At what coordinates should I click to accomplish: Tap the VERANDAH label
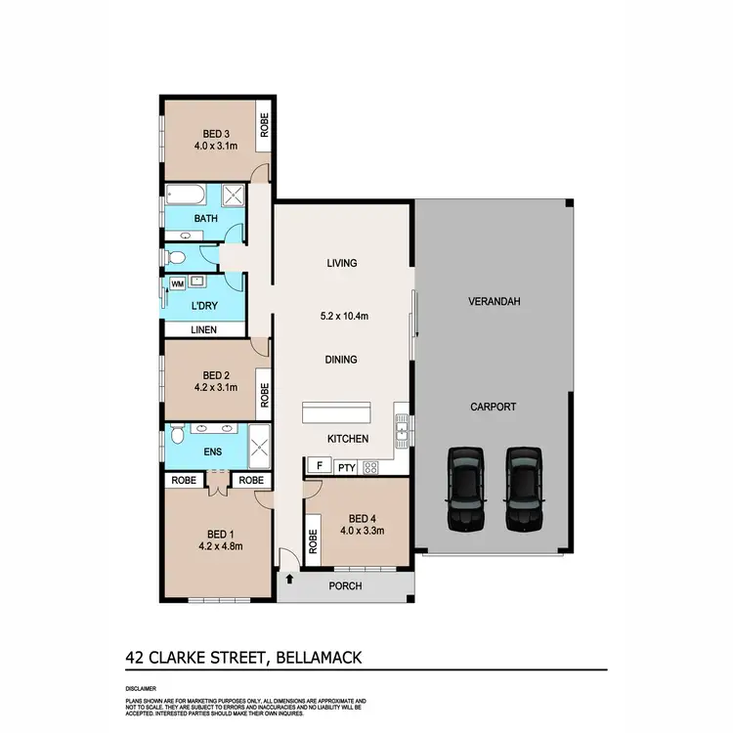(493, 302)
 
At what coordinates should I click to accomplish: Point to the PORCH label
(346, 586)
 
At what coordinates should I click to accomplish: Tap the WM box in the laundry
(178, 283)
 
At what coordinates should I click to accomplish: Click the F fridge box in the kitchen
(318, 466)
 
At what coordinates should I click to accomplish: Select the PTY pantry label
(345, 467)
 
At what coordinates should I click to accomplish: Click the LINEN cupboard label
(203, 328)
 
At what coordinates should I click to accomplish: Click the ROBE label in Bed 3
(264, 124)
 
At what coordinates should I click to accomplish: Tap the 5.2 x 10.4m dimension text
(342, 317)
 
